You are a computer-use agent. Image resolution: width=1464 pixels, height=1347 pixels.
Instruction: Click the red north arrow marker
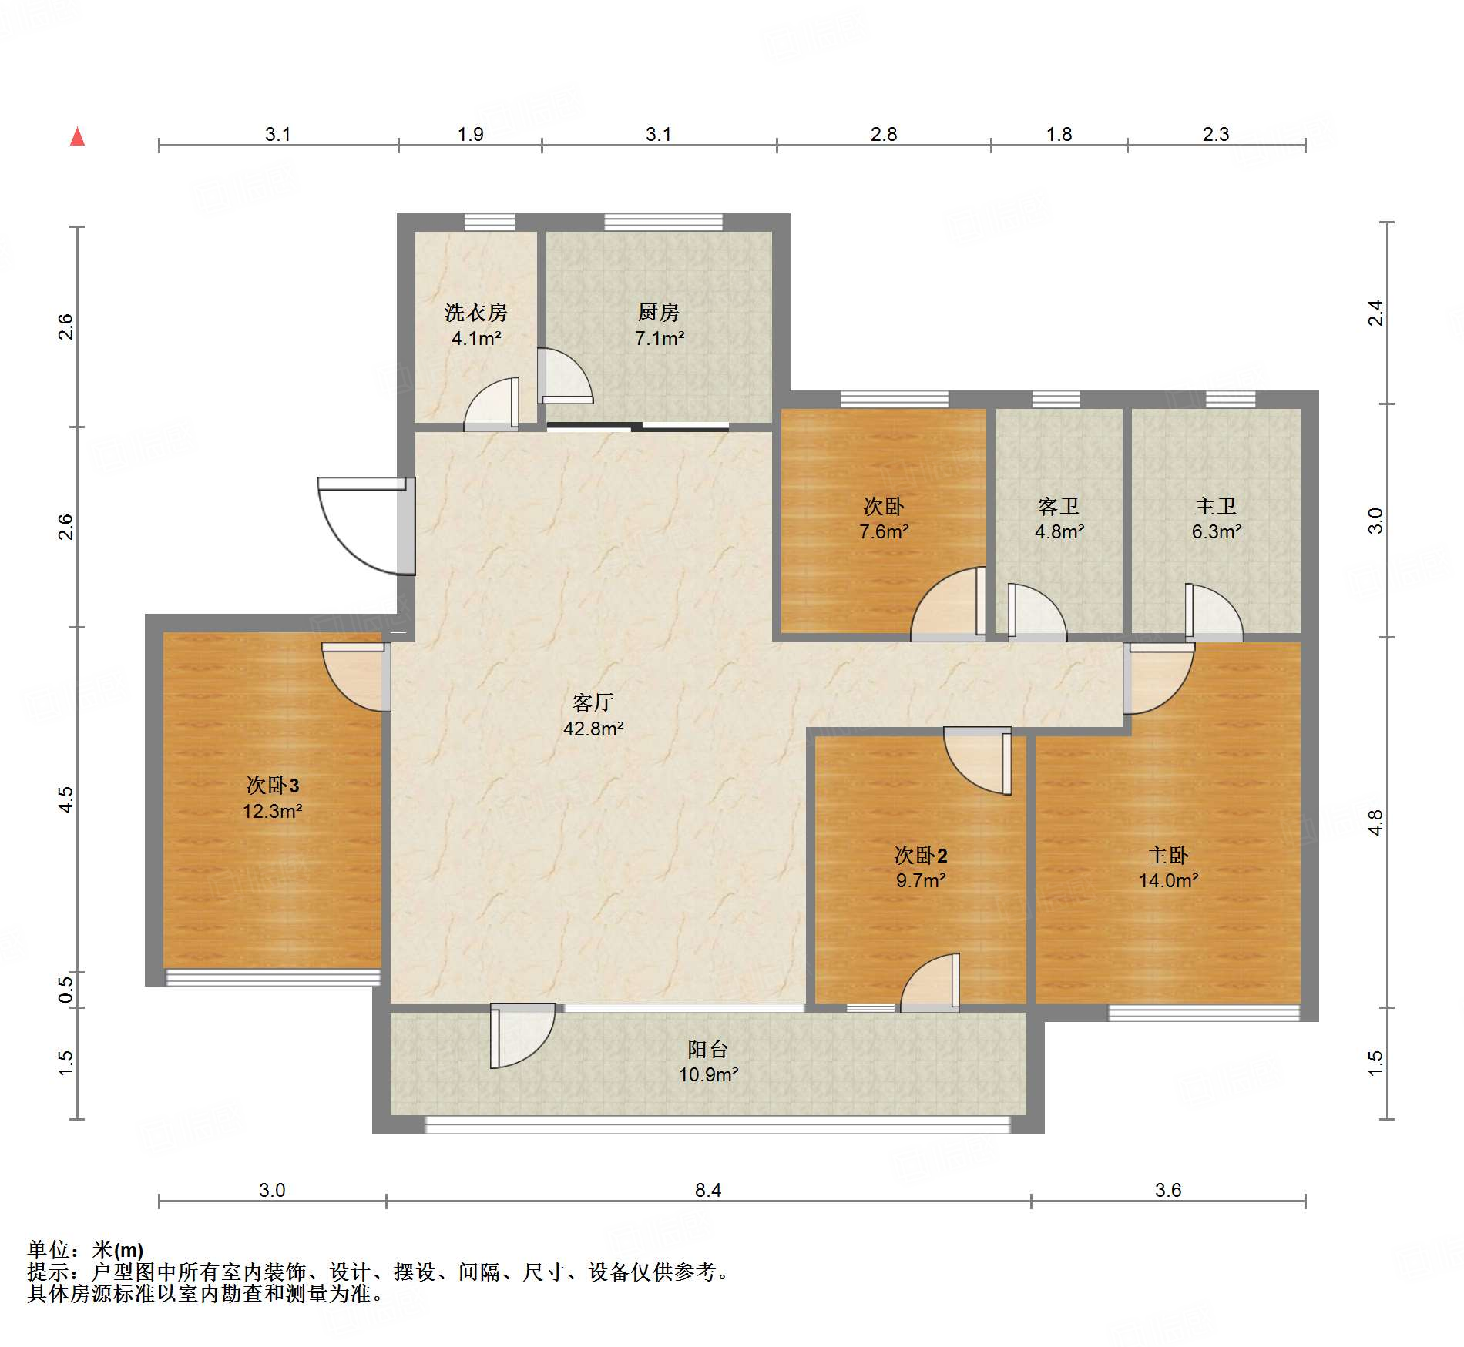[x=77, y=136]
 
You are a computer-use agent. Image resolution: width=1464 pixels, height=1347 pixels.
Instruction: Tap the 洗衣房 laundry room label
[x=475, y=313]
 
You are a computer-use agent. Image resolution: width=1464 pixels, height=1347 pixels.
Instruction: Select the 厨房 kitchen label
[x=659, y=312]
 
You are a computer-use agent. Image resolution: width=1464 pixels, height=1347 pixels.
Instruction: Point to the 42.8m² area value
[x=593, y=729]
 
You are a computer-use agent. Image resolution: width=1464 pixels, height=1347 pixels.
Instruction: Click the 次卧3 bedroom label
[x=272, y=786]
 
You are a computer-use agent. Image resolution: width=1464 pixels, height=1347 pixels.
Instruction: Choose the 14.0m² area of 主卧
[x=1168, y=880]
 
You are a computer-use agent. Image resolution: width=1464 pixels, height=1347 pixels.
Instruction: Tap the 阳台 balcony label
[x=707, y=1049]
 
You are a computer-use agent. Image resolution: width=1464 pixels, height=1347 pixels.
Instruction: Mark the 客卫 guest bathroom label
[x=1059, y=506]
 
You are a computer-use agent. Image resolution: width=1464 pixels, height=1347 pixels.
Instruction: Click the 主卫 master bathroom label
[x=1216, y=506]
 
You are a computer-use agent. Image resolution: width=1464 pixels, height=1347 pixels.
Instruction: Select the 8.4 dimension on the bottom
[x=708, y=1190]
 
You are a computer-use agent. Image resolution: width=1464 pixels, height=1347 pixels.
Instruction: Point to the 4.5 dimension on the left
[x=66, y=799]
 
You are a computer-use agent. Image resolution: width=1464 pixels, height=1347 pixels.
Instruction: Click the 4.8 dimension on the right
[x=1375, y=823]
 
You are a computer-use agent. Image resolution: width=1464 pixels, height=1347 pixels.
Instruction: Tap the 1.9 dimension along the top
[x=470, y=134]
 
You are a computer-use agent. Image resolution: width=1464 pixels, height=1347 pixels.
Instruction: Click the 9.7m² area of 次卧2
[x=921, y=880]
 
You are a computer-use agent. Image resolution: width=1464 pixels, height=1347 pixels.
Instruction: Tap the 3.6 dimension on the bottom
[x=1168, y=1190]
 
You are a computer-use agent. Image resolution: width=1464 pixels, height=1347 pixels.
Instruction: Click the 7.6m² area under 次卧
[x=884, y=531]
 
